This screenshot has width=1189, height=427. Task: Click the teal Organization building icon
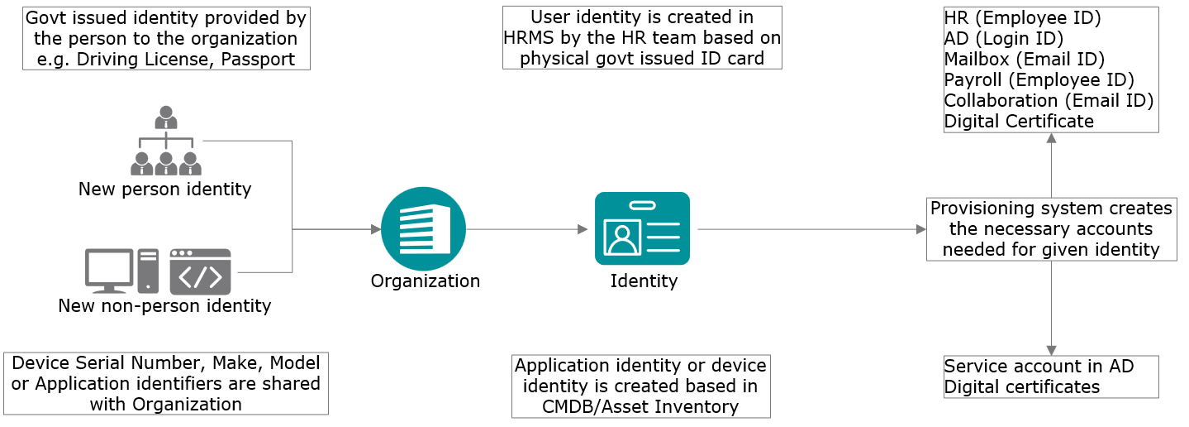423,228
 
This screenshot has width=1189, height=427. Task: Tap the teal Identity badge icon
642,228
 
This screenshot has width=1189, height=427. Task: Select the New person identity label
164,190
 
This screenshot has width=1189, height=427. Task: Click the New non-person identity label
164,305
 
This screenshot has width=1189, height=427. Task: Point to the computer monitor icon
109,271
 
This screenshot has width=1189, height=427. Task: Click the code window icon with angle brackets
200,271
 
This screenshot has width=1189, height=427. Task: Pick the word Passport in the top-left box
258,59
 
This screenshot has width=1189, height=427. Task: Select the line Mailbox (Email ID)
1025,59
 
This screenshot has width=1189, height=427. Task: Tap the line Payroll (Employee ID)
1039,79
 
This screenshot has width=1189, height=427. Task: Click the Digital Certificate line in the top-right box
1019,122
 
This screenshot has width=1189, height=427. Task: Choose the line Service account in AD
1039,366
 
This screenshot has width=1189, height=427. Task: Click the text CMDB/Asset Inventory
640,407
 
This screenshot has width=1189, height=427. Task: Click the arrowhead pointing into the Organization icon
376,229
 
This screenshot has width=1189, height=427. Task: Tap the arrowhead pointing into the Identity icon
583,229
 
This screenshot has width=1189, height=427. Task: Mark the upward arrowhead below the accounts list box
1051,138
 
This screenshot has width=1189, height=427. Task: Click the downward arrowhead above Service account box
1051,350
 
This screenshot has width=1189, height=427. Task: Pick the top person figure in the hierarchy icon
166,117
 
